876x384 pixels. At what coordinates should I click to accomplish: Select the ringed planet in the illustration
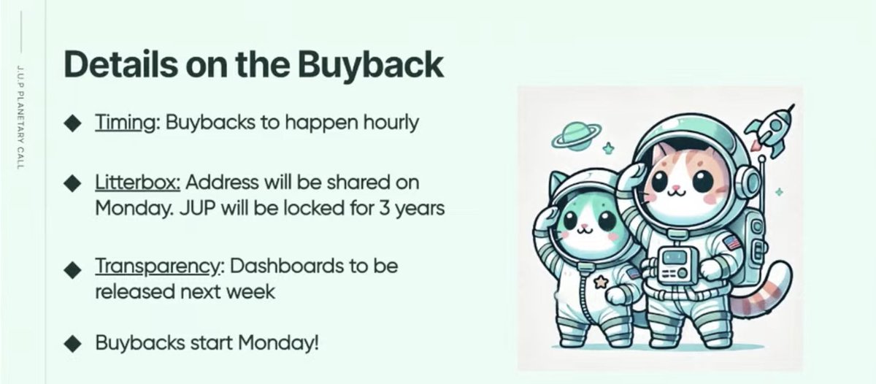pos(577,136)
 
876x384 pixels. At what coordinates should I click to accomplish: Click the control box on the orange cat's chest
pos(676,264)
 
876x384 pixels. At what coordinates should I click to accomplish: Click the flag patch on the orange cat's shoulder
pos(732,243)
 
